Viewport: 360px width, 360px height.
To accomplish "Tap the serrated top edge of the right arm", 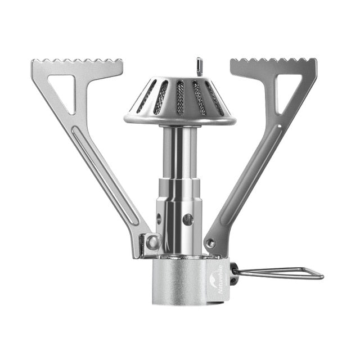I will tap(273, 62).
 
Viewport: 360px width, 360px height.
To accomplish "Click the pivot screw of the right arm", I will tap(210, 244).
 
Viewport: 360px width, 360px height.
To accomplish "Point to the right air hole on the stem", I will tap(188, 219).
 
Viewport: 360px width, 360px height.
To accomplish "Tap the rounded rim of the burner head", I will tap(180, 120).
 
